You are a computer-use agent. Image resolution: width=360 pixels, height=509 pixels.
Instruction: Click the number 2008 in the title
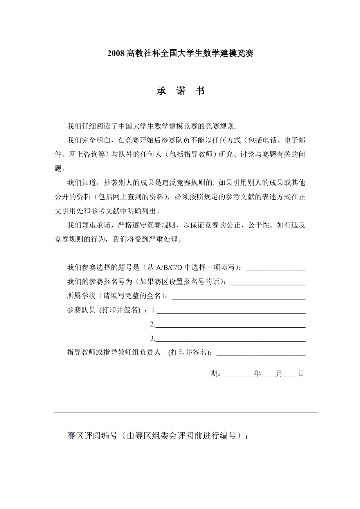(116, 54)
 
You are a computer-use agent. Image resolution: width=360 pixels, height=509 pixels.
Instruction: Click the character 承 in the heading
(161, 91)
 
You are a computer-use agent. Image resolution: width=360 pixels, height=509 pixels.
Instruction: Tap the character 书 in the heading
(200, 91)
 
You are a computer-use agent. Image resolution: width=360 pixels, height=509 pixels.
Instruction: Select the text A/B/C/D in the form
(170, 268)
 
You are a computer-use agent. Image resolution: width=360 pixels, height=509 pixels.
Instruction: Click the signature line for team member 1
(231, 312)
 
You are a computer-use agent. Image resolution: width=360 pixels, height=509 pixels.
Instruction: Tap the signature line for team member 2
(231, 326)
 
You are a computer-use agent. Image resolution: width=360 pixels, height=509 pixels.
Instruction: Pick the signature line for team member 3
(231, 341)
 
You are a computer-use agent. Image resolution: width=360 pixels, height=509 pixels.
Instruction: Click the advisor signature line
(261, 355)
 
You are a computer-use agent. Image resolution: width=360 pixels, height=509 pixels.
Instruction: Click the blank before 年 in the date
(239, 376)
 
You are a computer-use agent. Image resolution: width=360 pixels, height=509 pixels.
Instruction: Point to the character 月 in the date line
(279, 374)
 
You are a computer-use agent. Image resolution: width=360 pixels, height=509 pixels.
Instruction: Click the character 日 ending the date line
(301, 374)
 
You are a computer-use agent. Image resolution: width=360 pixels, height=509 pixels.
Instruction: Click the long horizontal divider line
(186, 412)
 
